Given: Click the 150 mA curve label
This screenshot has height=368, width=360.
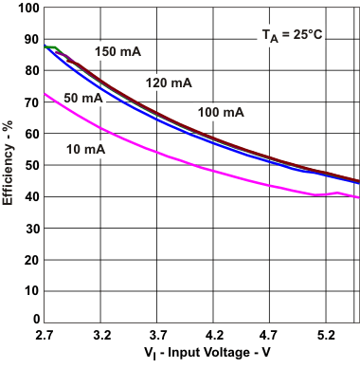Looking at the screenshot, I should pyautogui.click(x=117, y=50).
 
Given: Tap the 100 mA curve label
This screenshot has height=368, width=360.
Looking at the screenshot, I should pyautogui.click(x=221, y=113).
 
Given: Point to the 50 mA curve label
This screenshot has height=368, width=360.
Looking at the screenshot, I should pyautogui.click(x=82, y=99).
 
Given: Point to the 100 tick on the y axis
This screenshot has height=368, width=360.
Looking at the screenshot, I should pyautogui.click(x=28, y=8).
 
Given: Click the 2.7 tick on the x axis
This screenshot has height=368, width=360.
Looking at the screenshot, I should pyautogui.click(x=44, y=336).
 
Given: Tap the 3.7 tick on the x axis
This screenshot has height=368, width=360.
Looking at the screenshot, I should pyautogui.click(x=157, y=336).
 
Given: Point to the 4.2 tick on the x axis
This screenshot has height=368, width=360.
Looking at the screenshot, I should pyautogui.click(x=214, y=336).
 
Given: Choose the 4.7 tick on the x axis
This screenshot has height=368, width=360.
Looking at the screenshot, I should pyautogui.click(x=271, y=336).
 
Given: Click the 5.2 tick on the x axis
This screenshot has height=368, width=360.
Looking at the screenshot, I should pyautogui.click(x=327, y=336).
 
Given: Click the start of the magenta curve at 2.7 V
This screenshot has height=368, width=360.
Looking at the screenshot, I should pyautogui.click(x=45, y=93).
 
